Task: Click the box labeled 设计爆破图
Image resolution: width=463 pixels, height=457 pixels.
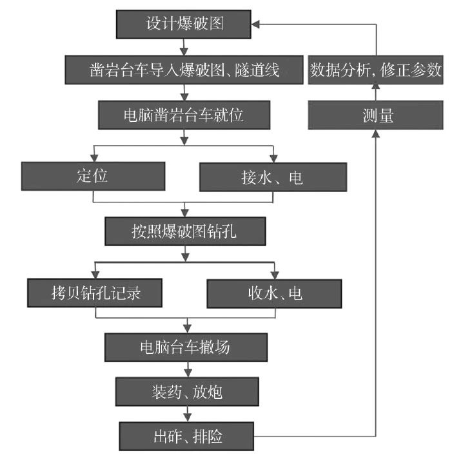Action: (x=184, y=24)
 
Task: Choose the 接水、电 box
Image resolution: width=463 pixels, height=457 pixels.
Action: (x=273, y=177)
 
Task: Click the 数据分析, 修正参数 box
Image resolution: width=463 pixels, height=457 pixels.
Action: (x=375, y=70)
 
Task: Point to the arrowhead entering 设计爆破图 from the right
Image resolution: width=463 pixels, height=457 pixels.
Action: (x=256, y=24)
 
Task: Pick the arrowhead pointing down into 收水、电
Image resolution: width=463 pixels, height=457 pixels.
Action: (x=275, y=274)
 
